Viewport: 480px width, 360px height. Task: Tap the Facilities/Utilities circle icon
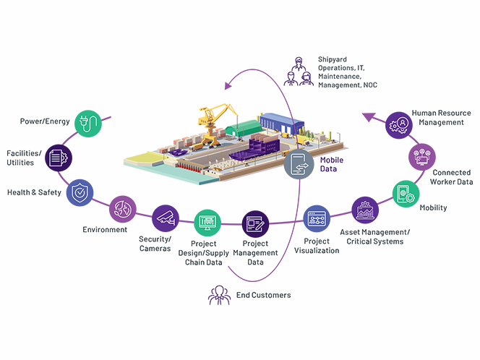[59, 158]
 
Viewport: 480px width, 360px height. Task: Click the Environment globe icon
[122, 210]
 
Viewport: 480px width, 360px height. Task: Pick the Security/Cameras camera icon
[166, 218]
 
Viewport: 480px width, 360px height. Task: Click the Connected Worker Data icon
[423, 155]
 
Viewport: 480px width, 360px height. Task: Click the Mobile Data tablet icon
[299, 166]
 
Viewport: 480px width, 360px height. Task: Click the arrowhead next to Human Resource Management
[369, 116]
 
